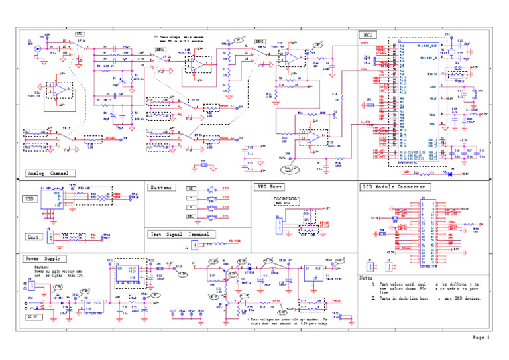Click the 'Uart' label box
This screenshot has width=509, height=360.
point(32,237)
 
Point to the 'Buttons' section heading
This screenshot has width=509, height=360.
point(162,188)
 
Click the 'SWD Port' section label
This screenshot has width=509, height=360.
point(270,187)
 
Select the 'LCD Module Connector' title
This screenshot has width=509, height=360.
point(394,187)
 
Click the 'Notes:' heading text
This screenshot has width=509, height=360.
point(368,278)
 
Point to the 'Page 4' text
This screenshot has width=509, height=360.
point(481,337)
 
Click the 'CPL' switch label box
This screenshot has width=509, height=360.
point(79,33)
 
